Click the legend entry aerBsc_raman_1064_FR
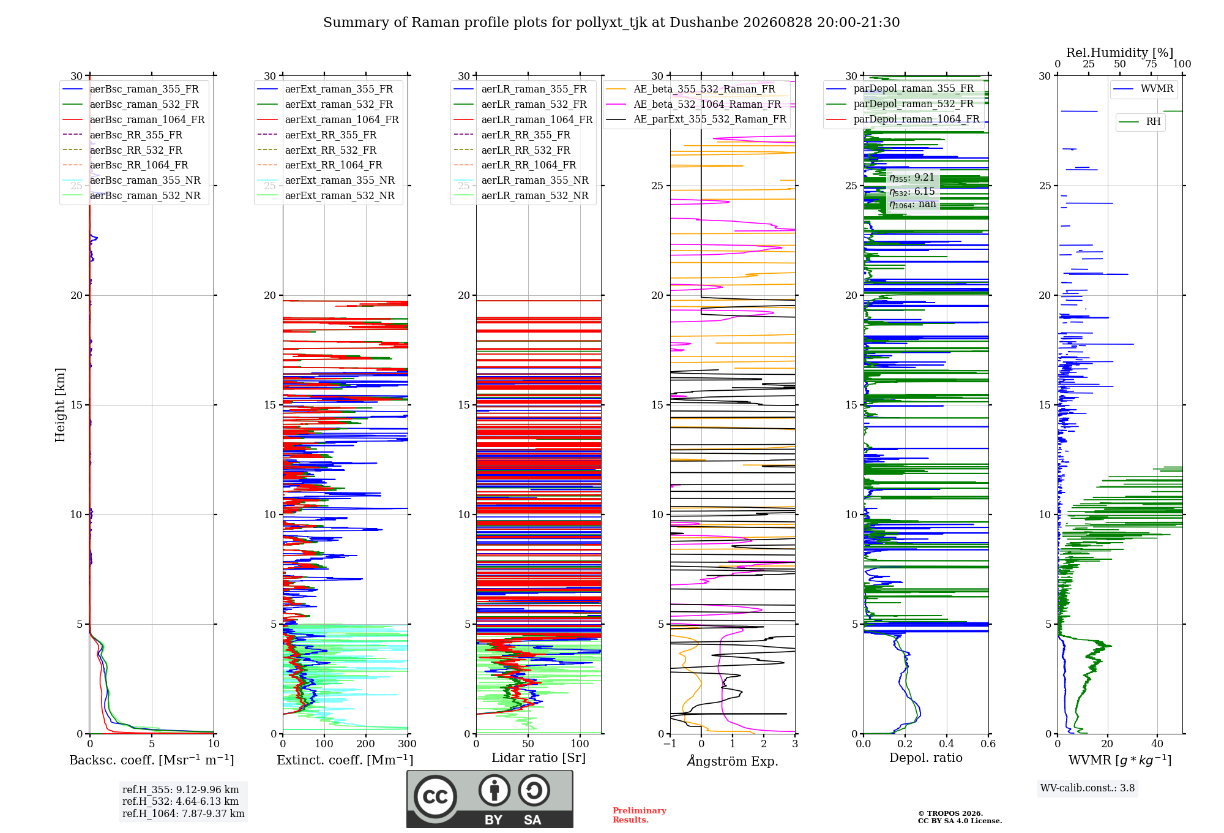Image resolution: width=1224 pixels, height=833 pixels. coord(133,120)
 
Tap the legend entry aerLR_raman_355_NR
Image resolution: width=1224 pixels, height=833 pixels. coord(521,181)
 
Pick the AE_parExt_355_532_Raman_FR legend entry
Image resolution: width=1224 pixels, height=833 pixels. coord(696,119)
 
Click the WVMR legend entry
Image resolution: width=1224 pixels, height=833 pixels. coord(1143,89)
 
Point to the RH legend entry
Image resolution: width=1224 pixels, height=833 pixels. coord(1140,122)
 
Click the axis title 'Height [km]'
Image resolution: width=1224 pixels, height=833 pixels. coord(60,405)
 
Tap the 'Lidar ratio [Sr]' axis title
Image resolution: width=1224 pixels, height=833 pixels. coord(539,758)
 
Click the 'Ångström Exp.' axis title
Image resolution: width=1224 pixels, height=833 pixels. coord(733,761)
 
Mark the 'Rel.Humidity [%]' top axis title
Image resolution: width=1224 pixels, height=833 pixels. coord(1120,53)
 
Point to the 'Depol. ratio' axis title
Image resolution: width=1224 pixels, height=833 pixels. coord(926,758)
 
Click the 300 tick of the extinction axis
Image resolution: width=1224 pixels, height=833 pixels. coord(408,744)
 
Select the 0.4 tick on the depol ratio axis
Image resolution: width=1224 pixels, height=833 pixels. coord(947,744)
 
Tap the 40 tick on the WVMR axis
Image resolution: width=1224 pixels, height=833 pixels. coord(1157,744)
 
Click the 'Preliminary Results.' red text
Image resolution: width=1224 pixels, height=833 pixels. coord(640,815)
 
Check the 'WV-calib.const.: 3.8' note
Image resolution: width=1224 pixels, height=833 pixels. coord(1088,788)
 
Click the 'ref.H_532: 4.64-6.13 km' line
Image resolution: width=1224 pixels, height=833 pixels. coord(181,802)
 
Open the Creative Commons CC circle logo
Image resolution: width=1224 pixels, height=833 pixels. coord(435,797)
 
